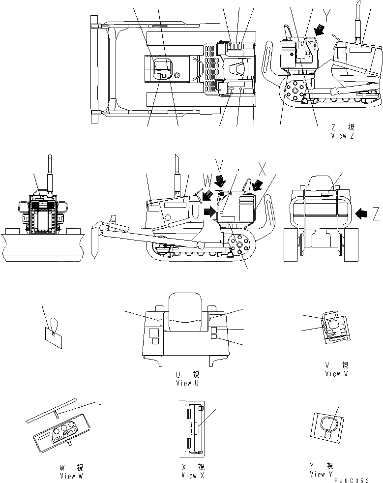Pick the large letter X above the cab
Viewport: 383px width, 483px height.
pos(263,170)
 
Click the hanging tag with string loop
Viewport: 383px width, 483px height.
pos(53,337)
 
